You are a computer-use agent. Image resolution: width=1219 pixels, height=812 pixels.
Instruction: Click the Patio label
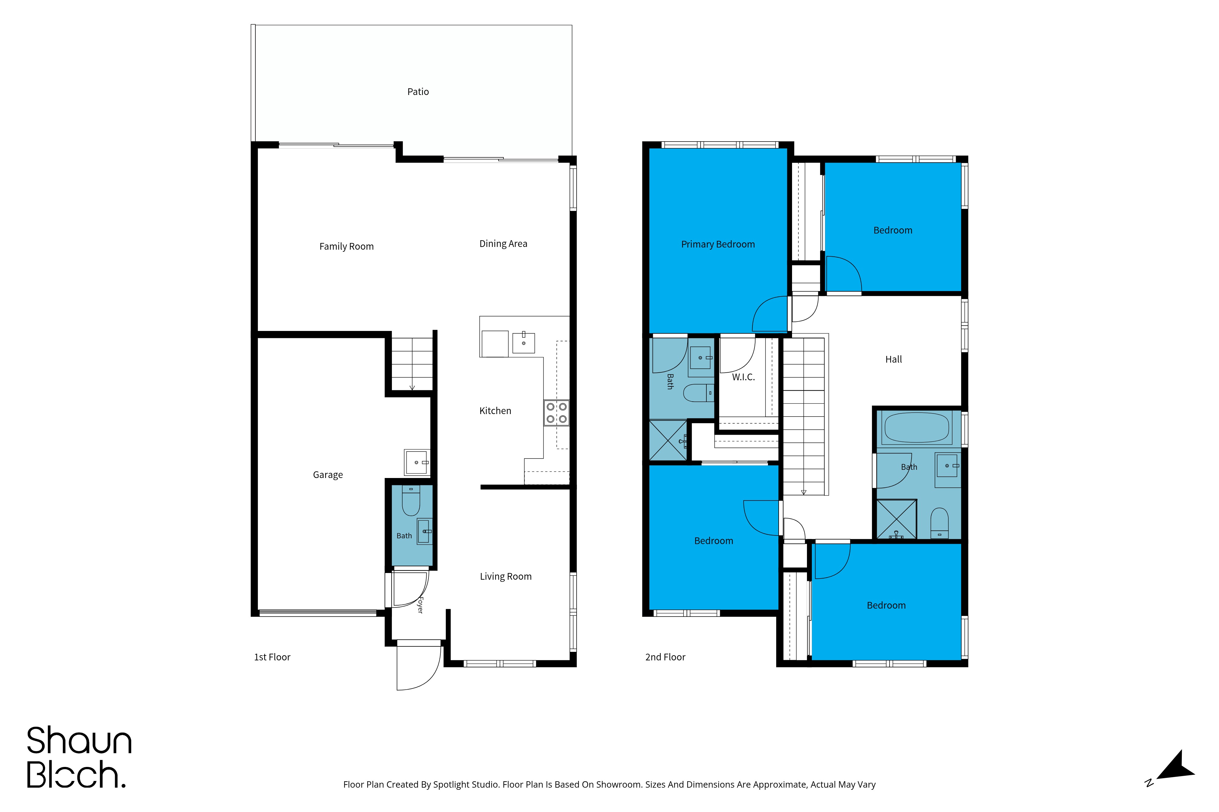(418, 92)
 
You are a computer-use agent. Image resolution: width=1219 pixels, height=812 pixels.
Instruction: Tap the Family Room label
(346, 247)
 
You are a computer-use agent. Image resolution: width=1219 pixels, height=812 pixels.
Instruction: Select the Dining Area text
(503, 244)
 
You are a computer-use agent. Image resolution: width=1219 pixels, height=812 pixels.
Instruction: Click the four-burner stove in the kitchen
(556, 413)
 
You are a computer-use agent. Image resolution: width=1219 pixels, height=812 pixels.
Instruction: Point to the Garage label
(328, 475)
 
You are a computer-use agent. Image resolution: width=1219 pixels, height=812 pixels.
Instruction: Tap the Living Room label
(505, 576)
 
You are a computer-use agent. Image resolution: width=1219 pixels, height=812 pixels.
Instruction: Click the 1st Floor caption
(272, 657)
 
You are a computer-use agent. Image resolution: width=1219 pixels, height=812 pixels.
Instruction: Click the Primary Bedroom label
(718, 244)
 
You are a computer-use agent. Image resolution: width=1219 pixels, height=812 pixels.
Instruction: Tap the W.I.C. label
(743, 377)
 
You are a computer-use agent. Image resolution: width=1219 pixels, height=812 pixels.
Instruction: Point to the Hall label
(894, 359)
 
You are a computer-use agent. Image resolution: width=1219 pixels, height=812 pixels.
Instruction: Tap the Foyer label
(420, 605)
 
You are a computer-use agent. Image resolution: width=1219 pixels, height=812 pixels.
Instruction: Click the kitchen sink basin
(524, 343)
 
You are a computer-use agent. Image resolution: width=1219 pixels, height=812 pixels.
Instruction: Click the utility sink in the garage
(417, 462)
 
